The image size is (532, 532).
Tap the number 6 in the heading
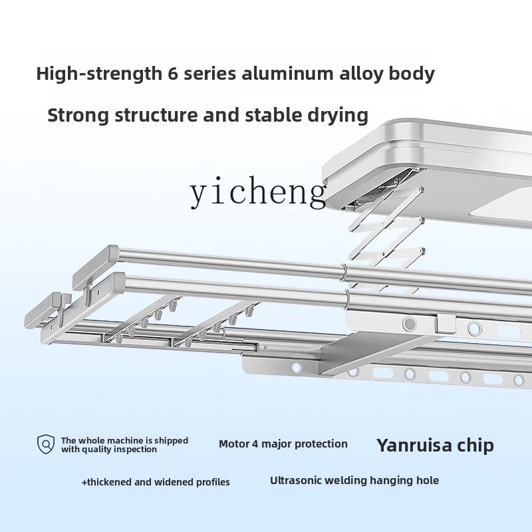click(x=163, y=73)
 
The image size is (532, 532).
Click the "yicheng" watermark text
click(x=258, y=193)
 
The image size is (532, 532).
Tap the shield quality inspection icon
click(x=46, y=444)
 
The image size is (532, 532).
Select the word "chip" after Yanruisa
click(x=476, y=445)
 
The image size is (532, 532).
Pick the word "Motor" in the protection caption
click(x=235, y=444)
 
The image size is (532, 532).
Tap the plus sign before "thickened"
click(x=84, y=482)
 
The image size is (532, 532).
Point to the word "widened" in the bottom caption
click(x=172, y=482)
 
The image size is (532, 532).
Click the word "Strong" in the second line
click(x=78, y=115)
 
